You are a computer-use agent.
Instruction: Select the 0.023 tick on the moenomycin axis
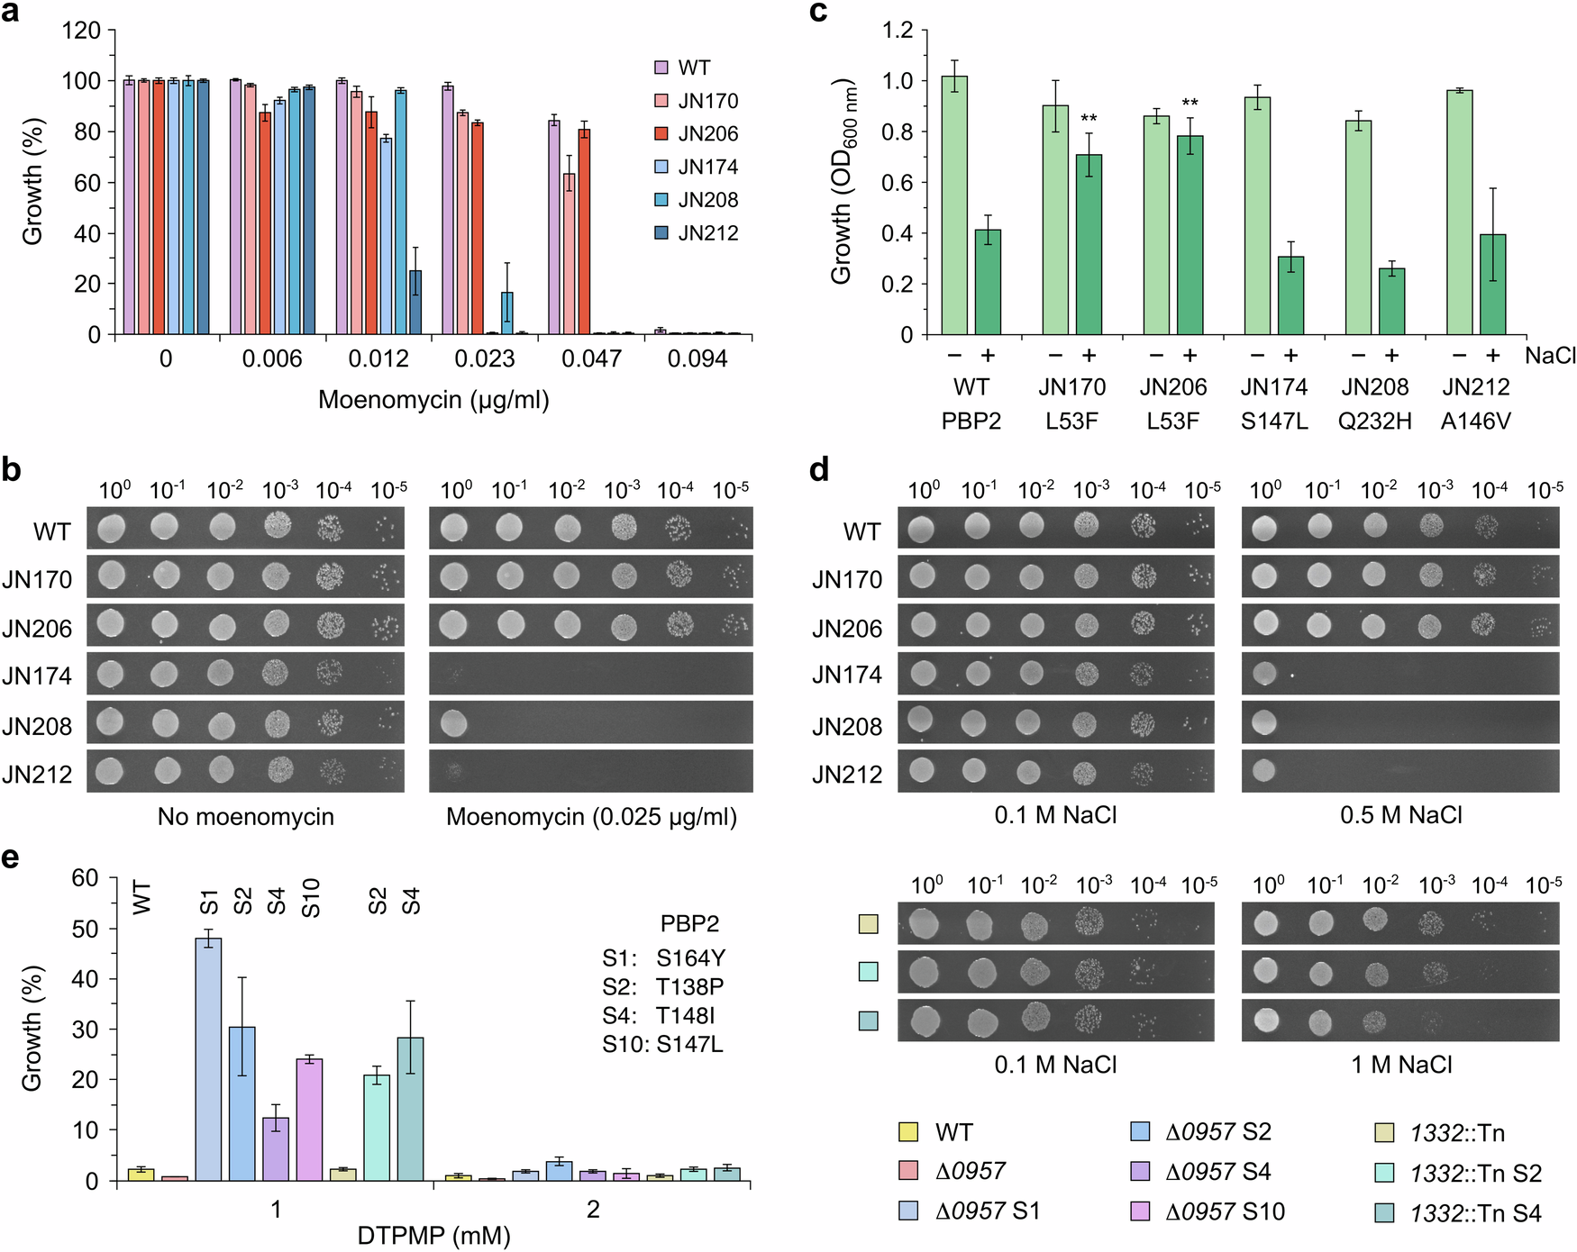tap(484, 359)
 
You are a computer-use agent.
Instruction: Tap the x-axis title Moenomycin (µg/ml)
tap(433, 400)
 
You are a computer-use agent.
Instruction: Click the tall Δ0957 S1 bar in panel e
tap(208, 1058)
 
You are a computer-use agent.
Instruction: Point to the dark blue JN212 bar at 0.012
tap(415, 302)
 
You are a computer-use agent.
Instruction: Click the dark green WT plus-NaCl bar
tap(988, 282)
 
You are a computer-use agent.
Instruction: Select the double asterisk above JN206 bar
tap(1190, 103)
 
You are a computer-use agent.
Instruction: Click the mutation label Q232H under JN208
tap(1374, 422)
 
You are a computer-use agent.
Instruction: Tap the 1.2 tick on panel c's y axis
tap(897, 31)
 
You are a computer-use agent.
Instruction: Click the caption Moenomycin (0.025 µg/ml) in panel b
tap(591, 817)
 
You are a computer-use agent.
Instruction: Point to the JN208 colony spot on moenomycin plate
tap(453, 722)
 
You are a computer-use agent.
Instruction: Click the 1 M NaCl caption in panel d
tap(1401, 1066)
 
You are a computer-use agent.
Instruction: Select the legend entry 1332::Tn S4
tap(1475, 1213)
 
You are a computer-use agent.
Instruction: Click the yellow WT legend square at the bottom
tap(908, 1132)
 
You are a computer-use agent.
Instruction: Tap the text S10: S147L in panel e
tap(662, 1045)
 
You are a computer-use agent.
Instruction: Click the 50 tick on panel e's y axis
tap(85, 929)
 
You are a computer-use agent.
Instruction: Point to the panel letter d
tap(818, 469)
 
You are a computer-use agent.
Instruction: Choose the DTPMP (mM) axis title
tap(433, 1236)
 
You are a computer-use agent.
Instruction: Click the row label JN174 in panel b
tap(37, 676)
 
